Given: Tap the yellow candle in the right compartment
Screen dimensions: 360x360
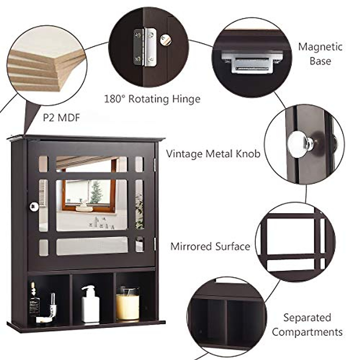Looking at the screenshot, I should click(127, 306).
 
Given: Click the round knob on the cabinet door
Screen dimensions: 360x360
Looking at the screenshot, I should click(34, 206).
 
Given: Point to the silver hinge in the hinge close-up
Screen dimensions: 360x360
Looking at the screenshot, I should click(145, 47).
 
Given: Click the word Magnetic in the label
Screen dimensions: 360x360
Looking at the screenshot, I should click(320, 47).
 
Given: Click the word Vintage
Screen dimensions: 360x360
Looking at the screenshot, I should click(184, 154).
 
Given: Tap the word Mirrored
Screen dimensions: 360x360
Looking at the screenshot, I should click(191, 246).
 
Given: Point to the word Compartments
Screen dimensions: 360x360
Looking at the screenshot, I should click(307, 332).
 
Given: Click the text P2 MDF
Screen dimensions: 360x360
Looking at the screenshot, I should click(61, 117).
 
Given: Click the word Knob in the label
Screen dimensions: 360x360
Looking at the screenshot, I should click(245, 154).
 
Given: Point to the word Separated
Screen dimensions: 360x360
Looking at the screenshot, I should click(307, 317).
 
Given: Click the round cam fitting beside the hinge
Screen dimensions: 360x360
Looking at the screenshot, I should click(165, 40).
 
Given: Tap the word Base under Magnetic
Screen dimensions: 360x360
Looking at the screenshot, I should click(320, 61).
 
